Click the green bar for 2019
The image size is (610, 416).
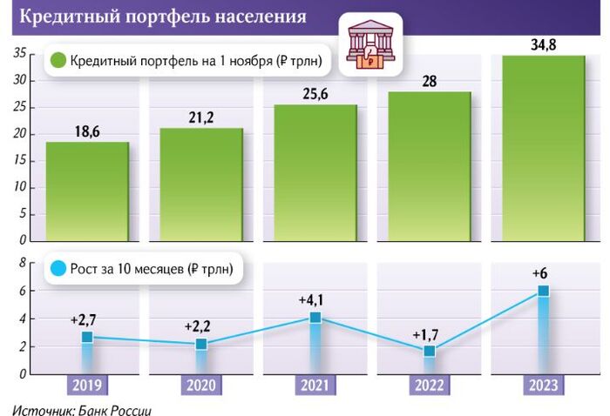click(x=87, y=191)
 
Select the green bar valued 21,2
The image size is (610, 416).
click(x=201, y=185)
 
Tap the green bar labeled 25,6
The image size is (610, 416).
click(x=315, y=173)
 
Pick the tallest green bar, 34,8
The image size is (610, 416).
click(x=543, y=148)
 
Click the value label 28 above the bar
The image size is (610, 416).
click(x=429, y=81)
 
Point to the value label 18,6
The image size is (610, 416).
click(x=87, y=131)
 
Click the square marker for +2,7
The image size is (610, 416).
click(x=87, y=337)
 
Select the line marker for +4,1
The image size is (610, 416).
click(x=315, y=318)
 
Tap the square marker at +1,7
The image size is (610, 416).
click(x=429, y=351)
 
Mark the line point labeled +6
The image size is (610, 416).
click(x=543, y=291)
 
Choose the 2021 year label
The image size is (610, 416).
click(x=315, y=386)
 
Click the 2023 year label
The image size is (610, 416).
click(x=543, y=386)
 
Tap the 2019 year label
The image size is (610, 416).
click(x=87, y=386)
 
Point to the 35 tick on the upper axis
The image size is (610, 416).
click(x=17, y=55)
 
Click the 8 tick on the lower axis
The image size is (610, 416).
click(x=21, y=264)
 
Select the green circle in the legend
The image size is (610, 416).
click(x=58, y=61)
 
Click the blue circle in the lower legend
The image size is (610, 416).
click(x=58, y=268)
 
